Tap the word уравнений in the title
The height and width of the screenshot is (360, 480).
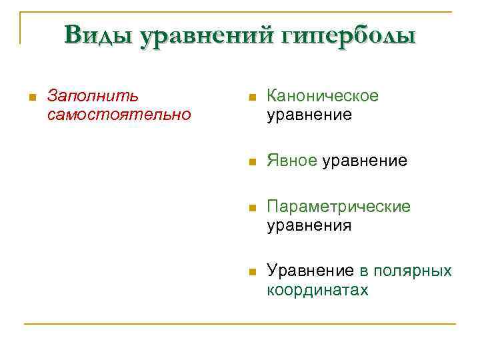coord(199,35)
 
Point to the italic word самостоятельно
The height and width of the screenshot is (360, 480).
coord(119,115)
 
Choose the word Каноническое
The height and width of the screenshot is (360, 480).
coord(323,96)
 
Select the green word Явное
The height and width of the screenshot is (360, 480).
coord(291,161)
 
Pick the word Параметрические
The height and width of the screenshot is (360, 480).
coord(339,207)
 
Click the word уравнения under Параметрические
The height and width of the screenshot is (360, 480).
coord(309,225)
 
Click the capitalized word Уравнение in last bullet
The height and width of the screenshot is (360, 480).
coord(311,271)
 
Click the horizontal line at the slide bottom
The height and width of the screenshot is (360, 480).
coord(240,325)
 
